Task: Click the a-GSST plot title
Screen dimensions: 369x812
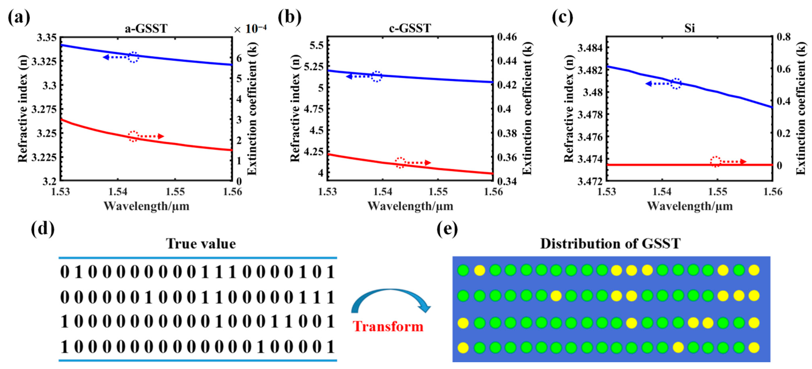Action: pyautogui.click(x=146, y=29)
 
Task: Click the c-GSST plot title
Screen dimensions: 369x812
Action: pyautogui.click(x=410, y=28)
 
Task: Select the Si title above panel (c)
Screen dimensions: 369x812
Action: pyautogui.click(x=689, y=28)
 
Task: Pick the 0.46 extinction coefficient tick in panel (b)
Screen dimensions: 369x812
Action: pyautogui.click(x=507, y=37)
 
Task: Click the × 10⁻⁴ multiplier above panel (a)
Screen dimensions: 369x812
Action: pyautogui.click(x=250, y=29)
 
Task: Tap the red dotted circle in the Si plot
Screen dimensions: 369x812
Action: pyautogui.click(x=716, y=161)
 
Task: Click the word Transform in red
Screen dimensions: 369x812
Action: pyautogui.click(x=388, y=326)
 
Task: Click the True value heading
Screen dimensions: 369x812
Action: pyautogui.click(x=201, y=244)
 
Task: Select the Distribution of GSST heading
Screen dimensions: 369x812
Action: pyautogui.click(x=610, y=244)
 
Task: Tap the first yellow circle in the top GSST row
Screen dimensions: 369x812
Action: pyautogui.click(x=479, y=270)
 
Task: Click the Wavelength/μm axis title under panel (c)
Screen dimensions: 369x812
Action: pyautogui.click(x=690, y=206)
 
